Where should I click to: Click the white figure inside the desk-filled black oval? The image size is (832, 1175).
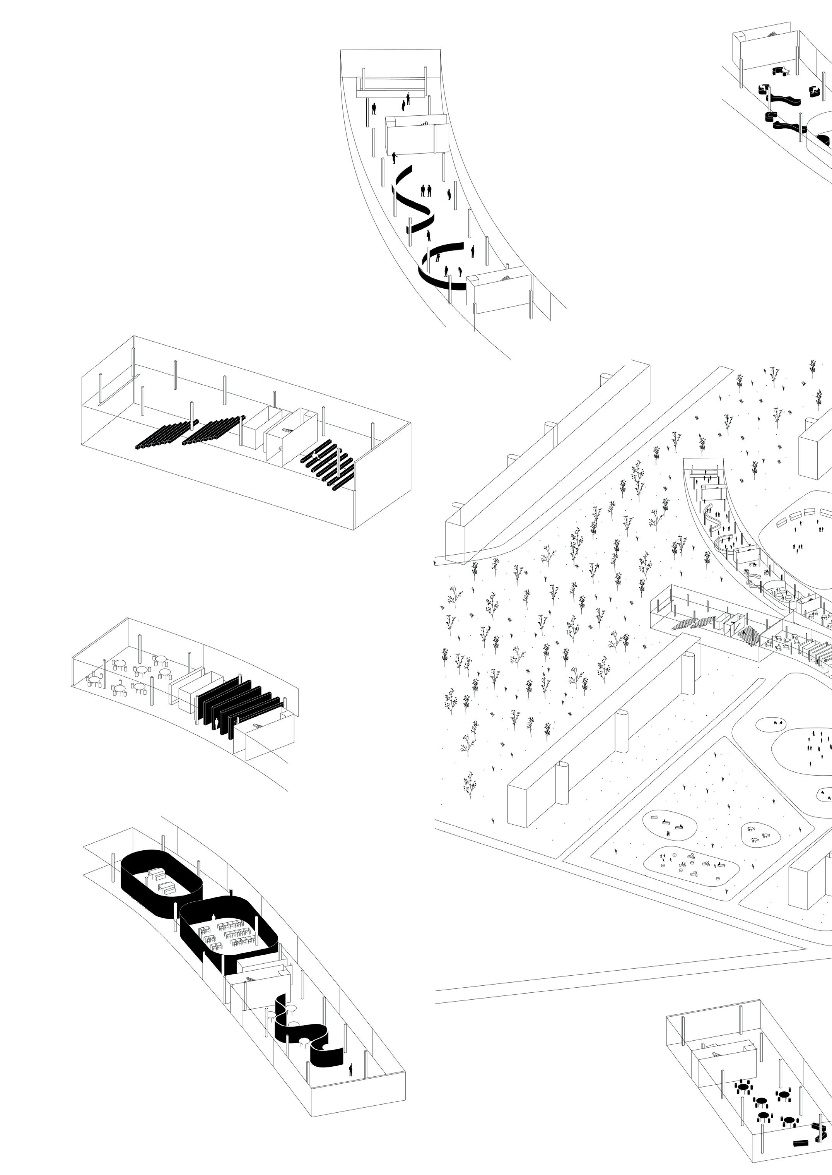[213, 915]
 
